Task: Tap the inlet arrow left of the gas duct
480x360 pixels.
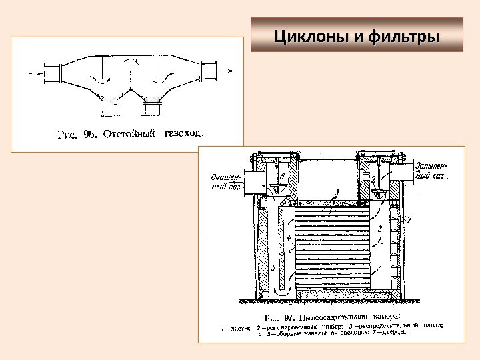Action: coord(33,71)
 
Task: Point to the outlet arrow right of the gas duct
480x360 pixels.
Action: coord(227,70)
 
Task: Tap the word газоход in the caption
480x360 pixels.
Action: coord(183,133)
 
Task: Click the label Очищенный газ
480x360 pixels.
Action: coord(225,182)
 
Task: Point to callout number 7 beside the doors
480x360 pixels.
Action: coord(409,219)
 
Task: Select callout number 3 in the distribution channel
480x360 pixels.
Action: coord(379,229)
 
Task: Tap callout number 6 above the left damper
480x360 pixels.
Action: coord(282,175)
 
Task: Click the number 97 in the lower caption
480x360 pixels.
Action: coord(290,317)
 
